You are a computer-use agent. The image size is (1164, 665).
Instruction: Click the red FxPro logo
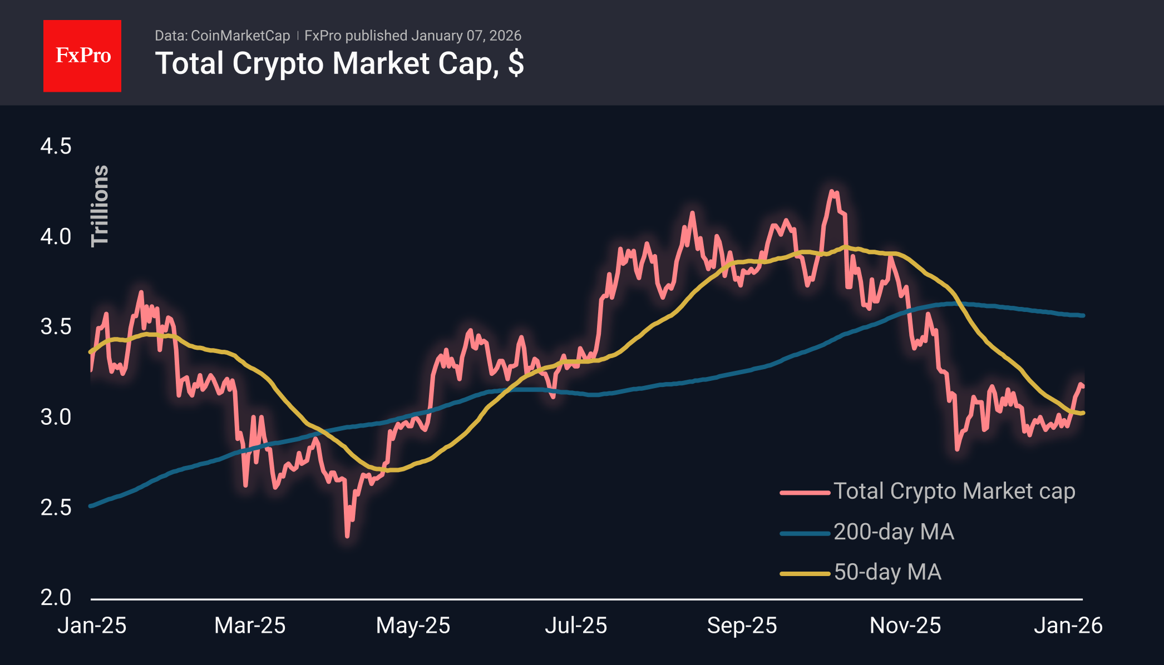click(82, 56)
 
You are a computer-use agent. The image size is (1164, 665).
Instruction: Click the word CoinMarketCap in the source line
click(240, 36)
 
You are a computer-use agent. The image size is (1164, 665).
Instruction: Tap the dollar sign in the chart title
click(516, 63)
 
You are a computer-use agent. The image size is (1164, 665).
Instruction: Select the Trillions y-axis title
click(100, 205)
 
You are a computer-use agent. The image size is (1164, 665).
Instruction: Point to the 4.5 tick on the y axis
click(56, 147)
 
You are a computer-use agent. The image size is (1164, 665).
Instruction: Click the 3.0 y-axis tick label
click(56, 417)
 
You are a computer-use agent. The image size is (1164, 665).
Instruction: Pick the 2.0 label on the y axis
click(56, 598)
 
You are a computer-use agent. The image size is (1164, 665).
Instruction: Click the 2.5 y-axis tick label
click(56, 508)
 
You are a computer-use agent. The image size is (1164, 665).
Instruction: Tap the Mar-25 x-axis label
click(250, 626)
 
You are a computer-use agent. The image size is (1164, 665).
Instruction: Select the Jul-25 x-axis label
click(575, 626)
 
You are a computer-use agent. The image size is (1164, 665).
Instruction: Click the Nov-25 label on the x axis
click(905, 626)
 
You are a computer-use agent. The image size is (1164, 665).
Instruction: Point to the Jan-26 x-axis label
click(1068, 626)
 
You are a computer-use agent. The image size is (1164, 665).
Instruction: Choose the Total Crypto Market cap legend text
click(954, 492)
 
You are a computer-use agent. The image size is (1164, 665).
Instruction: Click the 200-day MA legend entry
click(894, 532)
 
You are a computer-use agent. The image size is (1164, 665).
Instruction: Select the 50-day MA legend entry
click(887, 572)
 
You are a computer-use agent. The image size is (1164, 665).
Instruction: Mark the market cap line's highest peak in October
click(833, 191)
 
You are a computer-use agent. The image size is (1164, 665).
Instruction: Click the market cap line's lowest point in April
click(347, 536)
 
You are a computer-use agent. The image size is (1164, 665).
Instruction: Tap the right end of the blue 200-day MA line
click(1083, 315)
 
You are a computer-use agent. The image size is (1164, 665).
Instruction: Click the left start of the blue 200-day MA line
click(91, 506)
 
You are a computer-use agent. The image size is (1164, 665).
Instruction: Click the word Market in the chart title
click(381, 63)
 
